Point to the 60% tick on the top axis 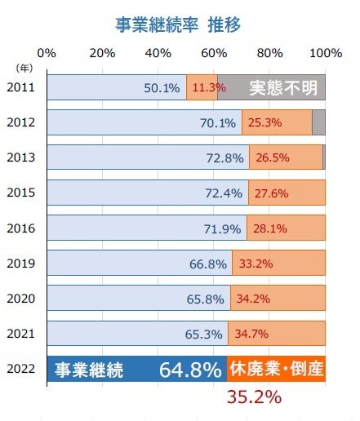[214, 54]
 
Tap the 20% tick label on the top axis [102, 54]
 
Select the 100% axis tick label [326, 54]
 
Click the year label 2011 [20, 87]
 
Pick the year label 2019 [20, 263]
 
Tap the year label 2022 [20, 369]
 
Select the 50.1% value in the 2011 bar [162, 88]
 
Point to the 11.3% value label [202, 88]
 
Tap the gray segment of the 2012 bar [319, 122]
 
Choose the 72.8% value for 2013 [225, 158]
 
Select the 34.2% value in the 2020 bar [256, 299]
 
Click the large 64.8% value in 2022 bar [191, 370]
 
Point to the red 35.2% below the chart [253, 397]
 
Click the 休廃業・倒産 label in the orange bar [276, 370]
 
